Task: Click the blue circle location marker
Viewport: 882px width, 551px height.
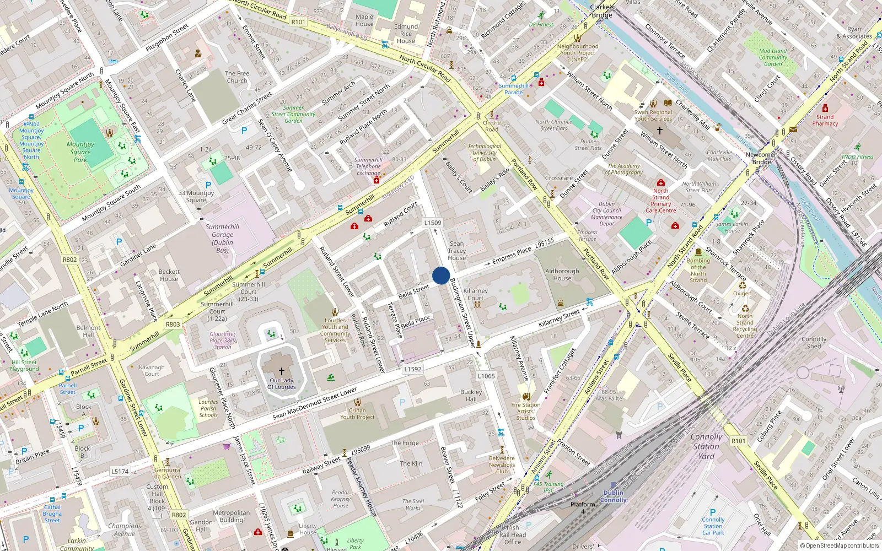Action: click(441, 275)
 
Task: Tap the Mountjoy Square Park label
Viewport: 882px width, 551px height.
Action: click(80, 152)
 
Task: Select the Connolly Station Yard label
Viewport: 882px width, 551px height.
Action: click(706, 446)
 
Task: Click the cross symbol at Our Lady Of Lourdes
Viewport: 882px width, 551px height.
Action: click(281, 371)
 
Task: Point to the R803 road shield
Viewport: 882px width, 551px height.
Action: click(173, 324)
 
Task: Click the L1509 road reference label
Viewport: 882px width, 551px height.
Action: click(433, 223)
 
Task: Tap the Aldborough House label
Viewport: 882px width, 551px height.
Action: click(562, 274)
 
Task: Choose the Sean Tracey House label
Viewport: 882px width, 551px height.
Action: click(456, 251)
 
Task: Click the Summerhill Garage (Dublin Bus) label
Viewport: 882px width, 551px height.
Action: click(223, 238)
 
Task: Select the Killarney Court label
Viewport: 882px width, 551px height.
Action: click(476, 294)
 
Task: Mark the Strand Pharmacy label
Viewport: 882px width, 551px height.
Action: click(825, 120)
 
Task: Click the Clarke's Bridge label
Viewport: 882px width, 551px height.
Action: click(602, 11)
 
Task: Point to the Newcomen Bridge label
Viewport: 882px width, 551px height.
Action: click(761, 158)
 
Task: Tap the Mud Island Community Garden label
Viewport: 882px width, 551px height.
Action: click(773, 57)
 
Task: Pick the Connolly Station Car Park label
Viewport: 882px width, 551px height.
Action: click(713, 526)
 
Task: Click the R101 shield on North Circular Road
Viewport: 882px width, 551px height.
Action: click(298, 21)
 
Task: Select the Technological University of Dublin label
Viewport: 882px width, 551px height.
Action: click(485, 153)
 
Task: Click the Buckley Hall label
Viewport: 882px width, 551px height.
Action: click(471, 396)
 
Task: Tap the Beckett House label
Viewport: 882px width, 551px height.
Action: click(169, 275)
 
